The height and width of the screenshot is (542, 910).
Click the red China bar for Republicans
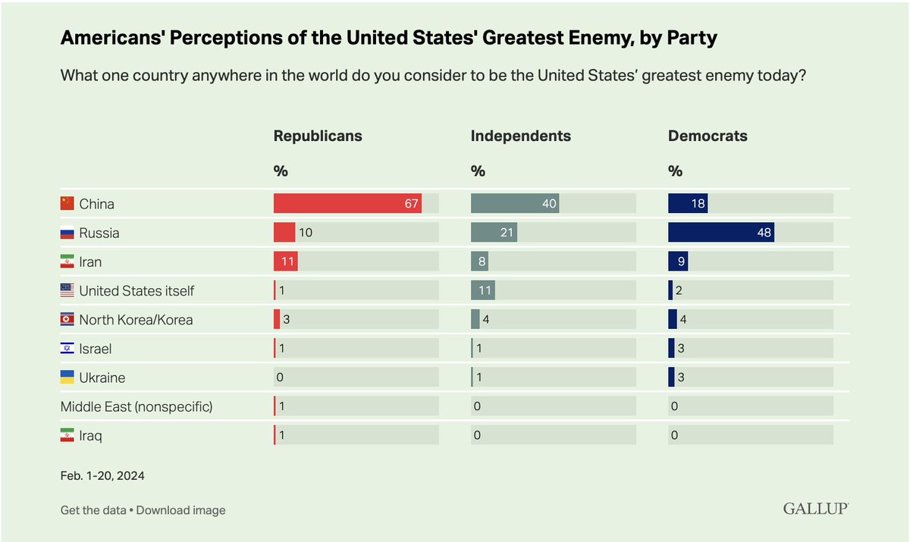[x=347, y=204]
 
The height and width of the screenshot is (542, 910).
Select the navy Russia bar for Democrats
[x=720, y=233]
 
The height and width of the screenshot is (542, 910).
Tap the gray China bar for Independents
[x=514, y=204]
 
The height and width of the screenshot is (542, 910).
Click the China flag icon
[x=67, y=204]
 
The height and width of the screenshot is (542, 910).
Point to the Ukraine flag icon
[x=67, y=378]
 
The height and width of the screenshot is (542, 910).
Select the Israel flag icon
[x=67, y=349]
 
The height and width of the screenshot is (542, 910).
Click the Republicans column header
[x=318, y=136]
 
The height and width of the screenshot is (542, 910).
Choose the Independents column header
[x=520, y=136]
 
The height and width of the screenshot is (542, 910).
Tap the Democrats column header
[x=708, y=136]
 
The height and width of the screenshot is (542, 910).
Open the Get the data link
[x=93, y=510]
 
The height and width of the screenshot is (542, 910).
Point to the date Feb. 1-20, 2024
[x=102, y=476]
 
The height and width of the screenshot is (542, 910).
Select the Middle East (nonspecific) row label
[x=136, y=407]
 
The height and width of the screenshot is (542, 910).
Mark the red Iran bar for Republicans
[x=285, y=262]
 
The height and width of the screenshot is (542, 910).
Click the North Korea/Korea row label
[x=136, y=320]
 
